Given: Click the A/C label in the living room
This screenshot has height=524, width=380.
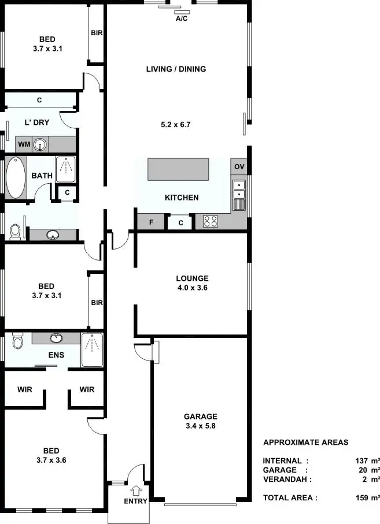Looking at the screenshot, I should point(182,18).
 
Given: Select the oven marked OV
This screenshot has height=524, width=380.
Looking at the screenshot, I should point(239,167).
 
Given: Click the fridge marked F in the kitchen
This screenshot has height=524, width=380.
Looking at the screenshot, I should point(152,222).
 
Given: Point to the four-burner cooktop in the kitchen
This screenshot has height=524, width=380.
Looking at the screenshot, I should point(211,221).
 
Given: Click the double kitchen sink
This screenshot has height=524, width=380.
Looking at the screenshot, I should point(239,190).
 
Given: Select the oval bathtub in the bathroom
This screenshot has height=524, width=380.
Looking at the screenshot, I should point(16,177).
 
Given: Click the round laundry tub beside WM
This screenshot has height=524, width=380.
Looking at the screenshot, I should point(40,144).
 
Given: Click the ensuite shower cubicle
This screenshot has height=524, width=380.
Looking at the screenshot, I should point(91,349).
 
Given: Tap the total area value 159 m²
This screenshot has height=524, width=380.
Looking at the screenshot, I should point(367,497).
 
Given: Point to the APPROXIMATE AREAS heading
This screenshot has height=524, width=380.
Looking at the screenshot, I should point(306,443).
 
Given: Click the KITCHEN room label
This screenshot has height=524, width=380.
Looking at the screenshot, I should point(182,198).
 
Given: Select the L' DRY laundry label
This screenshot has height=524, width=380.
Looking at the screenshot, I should point(36,122).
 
